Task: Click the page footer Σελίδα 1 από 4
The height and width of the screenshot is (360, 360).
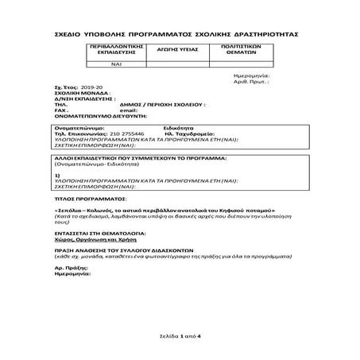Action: click(x=180, y=338)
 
